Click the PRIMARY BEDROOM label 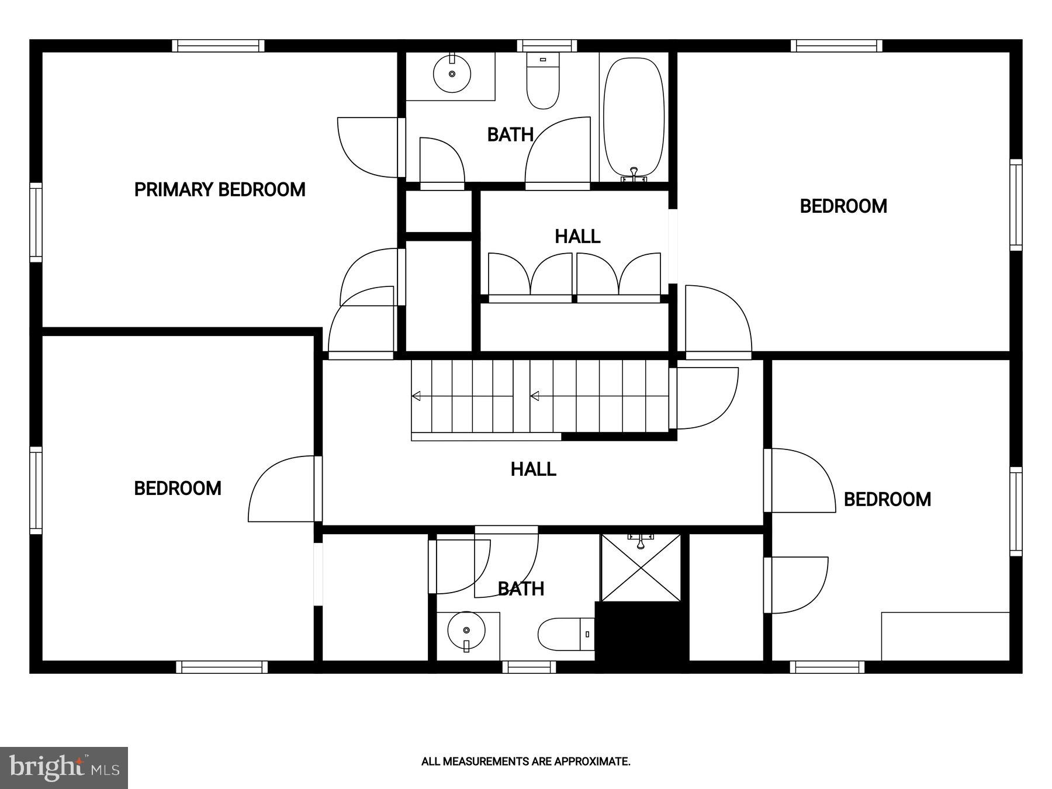click(x=220, y=190)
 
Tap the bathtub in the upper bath click(x=634, y=117)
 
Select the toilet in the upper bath click(x=543, y=82)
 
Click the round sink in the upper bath click(x=452, y=74)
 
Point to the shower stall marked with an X click(x=641, y=567)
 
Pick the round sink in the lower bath click(x=466, y=631)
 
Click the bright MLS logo click(x=64, y=767)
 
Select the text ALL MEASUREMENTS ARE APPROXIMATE click(x=525, y=762)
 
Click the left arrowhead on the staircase click(x=416, y=396)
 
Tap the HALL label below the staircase click(x=533, y=469)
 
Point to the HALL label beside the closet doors click(x=577, y=237)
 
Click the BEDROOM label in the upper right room click(x=843, y=206)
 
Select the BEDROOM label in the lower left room click(x=178, y=489)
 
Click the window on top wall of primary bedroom click(x=218, y=46)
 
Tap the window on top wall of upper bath click(x=546, y=46)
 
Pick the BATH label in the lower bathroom click(x=521, y=589)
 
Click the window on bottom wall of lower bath click(x=529, y=667)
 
